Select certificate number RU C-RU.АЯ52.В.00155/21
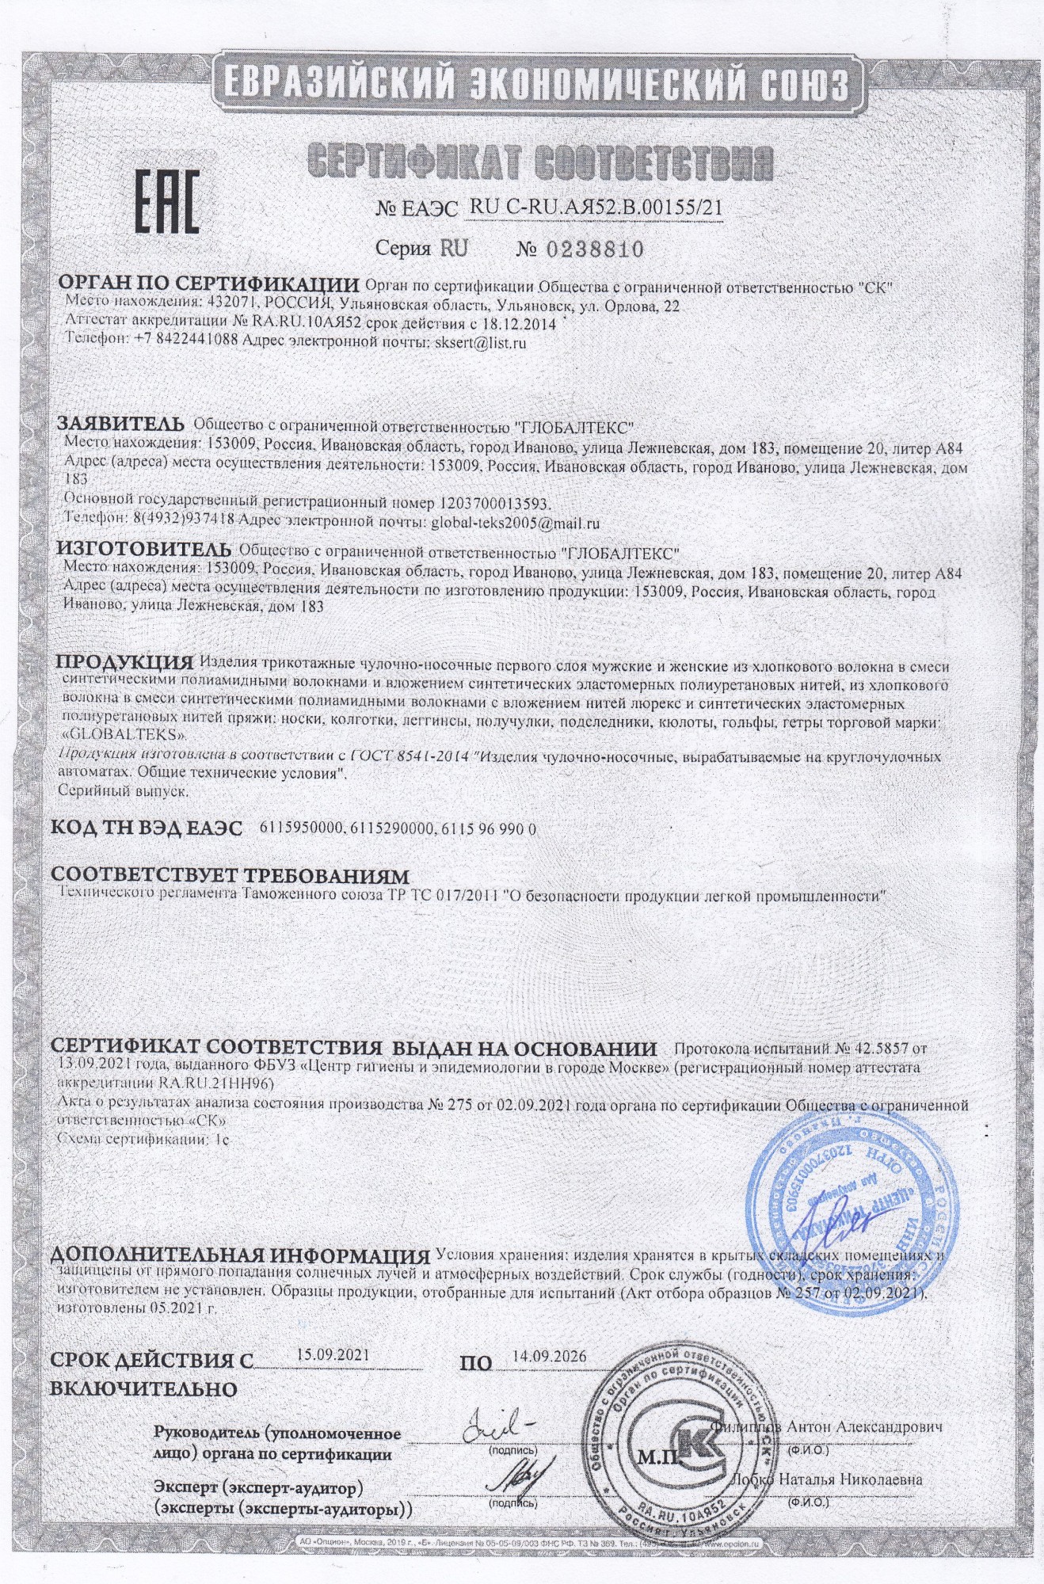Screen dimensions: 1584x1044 (x=596, y=208)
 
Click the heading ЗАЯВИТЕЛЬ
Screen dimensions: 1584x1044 (x=120, y=425)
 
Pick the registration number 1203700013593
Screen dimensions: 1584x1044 (x=493, y=502)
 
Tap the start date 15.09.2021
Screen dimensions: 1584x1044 (x=333, y=1354)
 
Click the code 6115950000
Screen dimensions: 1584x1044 (x=302, y=828)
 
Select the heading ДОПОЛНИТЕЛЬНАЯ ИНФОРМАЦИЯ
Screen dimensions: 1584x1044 (x=240, y=1256)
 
